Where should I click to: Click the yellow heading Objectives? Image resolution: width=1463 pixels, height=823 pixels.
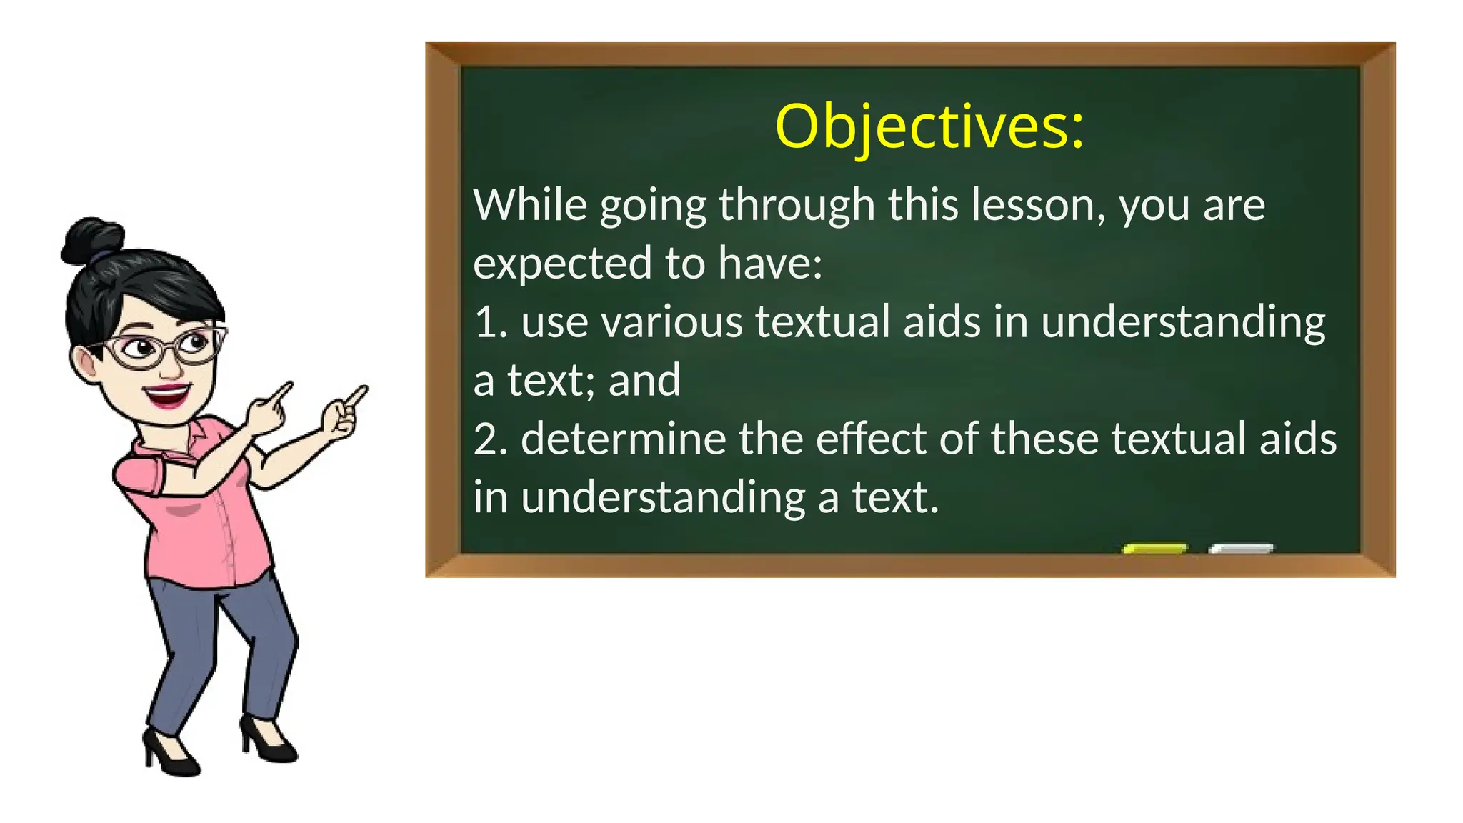pos(929,126)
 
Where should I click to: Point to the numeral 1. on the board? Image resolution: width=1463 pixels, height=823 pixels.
pos(490,322)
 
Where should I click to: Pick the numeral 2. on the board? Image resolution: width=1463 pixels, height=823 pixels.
pos(490,439)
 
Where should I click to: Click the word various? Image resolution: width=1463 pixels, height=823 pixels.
pos(671,322)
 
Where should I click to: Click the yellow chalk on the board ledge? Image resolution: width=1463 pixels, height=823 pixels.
pos(1154,549)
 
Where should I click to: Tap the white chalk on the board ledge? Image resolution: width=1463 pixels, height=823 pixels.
pos(1241,549)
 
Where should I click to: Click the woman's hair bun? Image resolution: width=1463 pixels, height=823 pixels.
pos(91,239)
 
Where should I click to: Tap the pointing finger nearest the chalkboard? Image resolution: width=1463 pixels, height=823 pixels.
pos(356,395)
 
